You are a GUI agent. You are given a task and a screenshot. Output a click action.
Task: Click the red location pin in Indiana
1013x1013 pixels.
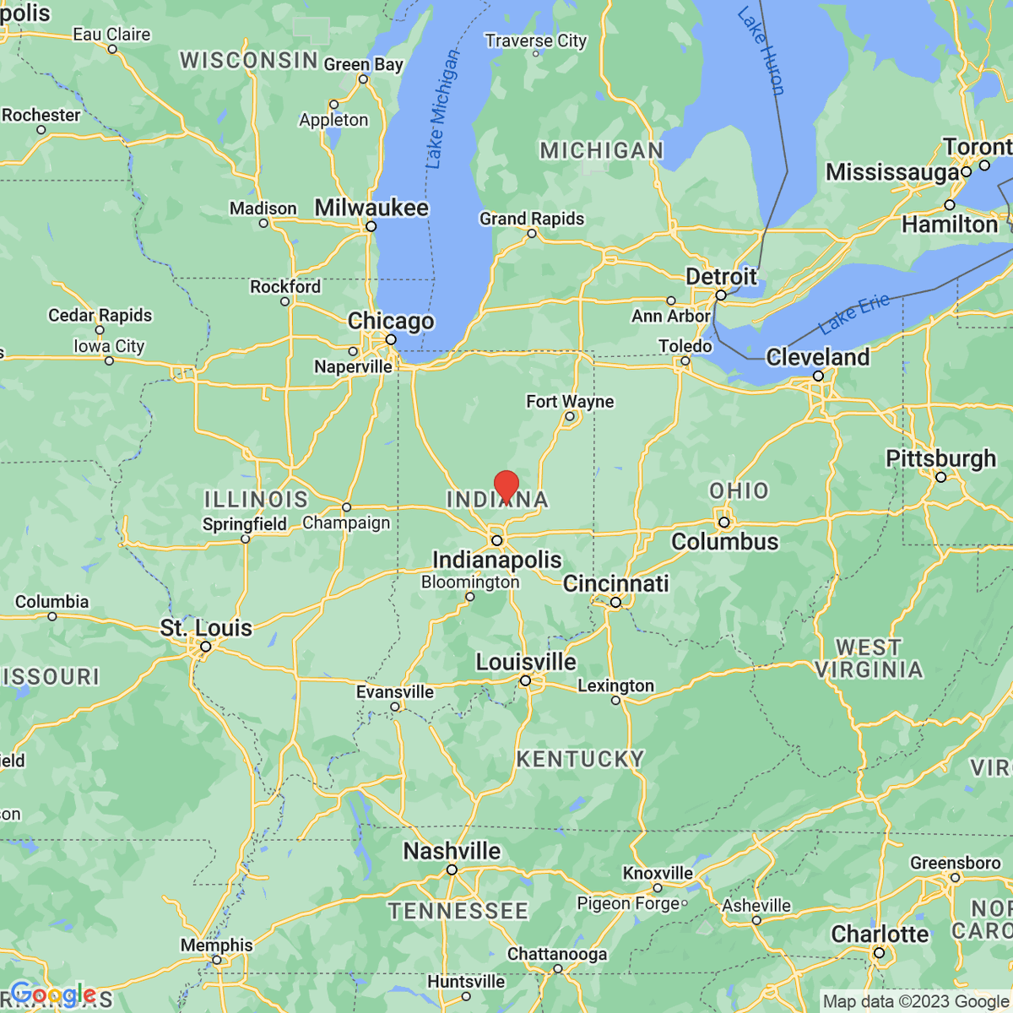(506, 486)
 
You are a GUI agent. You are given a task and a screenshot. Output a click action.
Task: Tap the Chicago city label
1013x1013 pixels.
(391, 321)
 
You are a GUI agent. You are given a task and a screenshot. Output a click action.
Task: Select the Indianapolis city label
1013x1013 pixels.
(496, 560)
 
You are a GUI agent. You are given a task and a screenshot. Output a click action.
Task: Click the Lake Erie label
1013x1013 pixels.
(853, 314)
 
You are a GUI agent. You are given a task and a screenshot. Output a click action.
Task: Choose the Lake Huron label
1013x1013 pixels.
(761, 51)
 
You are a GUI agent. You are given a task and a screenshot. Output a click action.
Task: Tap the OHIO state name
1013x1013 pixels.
(739, 490)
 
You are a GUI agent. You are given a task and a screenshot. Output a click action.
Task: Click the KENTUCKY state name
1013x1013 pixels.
(580, 759)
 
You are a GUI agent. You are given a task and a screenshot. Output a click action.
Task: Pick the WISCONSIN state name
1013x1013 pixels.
(248, 60)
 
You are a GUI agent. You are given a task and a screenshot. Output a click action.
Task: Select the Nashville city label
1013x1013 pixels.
(452, 851)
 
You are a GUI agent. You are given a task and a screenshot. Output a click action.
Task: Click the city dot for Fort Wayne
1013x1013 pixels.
(570, 416)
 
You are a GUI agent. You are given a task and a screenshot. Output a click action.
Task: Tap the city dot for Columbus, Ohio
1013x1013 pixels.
(723, 523)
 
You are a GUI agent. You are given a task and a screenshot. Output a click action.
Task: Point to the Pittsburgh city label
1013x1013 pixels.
(940, 458)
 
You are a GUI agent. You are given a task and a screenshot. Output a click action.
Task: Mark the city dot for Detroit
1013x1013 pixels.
(721, 295)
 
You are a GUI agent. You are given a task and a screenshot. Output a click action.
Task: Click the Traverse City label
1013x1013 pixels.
(535, 41)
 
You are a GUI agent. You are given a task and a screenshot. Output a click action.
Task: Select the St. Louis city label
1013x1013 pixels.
(206, 628)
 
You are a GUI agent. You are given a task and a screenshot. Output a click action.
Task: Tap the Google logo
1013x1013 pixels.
(52, 994)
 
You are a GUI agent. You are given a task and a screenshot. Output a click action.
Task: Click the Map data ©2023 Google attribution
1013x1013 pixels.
(915, 1002)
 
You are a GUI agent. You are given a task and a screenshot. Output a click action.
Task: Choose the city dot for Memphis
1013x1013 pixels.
(218, 961)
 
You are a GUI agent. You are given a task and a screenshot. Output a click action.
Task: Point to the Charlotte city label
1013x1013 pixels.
(880, 934)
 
